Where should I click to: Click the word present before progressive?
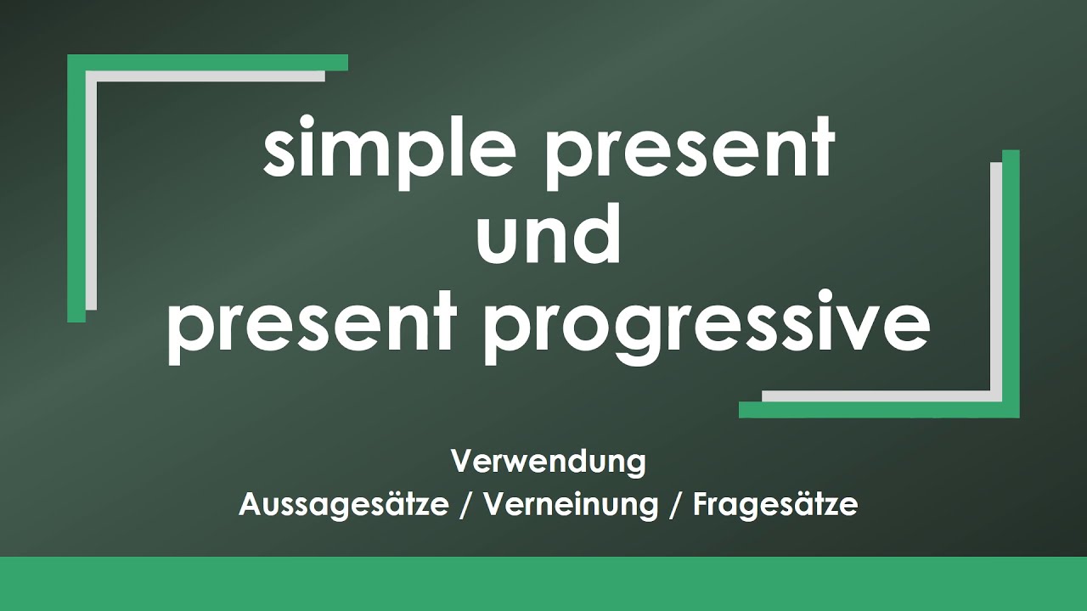pyautogui.click(x=312, y=327)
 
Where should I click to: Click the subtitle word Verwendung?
pyautogui.click(x=549, y=462)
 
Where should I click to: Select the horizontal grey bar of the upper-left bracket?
pyautogui.click(x=208, y=76)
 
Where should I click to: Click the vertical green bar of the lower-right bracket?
pyautogui.click(x=1011, y=280)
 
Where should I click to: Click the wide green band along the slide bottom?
pyautogui.click(x=543, y=584)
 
